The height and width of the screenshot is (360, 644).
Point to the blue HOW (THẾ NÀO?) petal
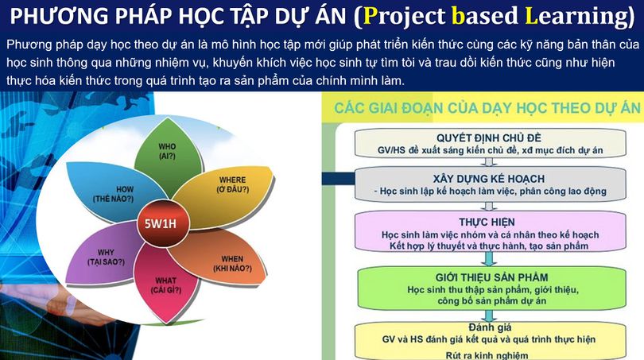coord(107,191)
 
